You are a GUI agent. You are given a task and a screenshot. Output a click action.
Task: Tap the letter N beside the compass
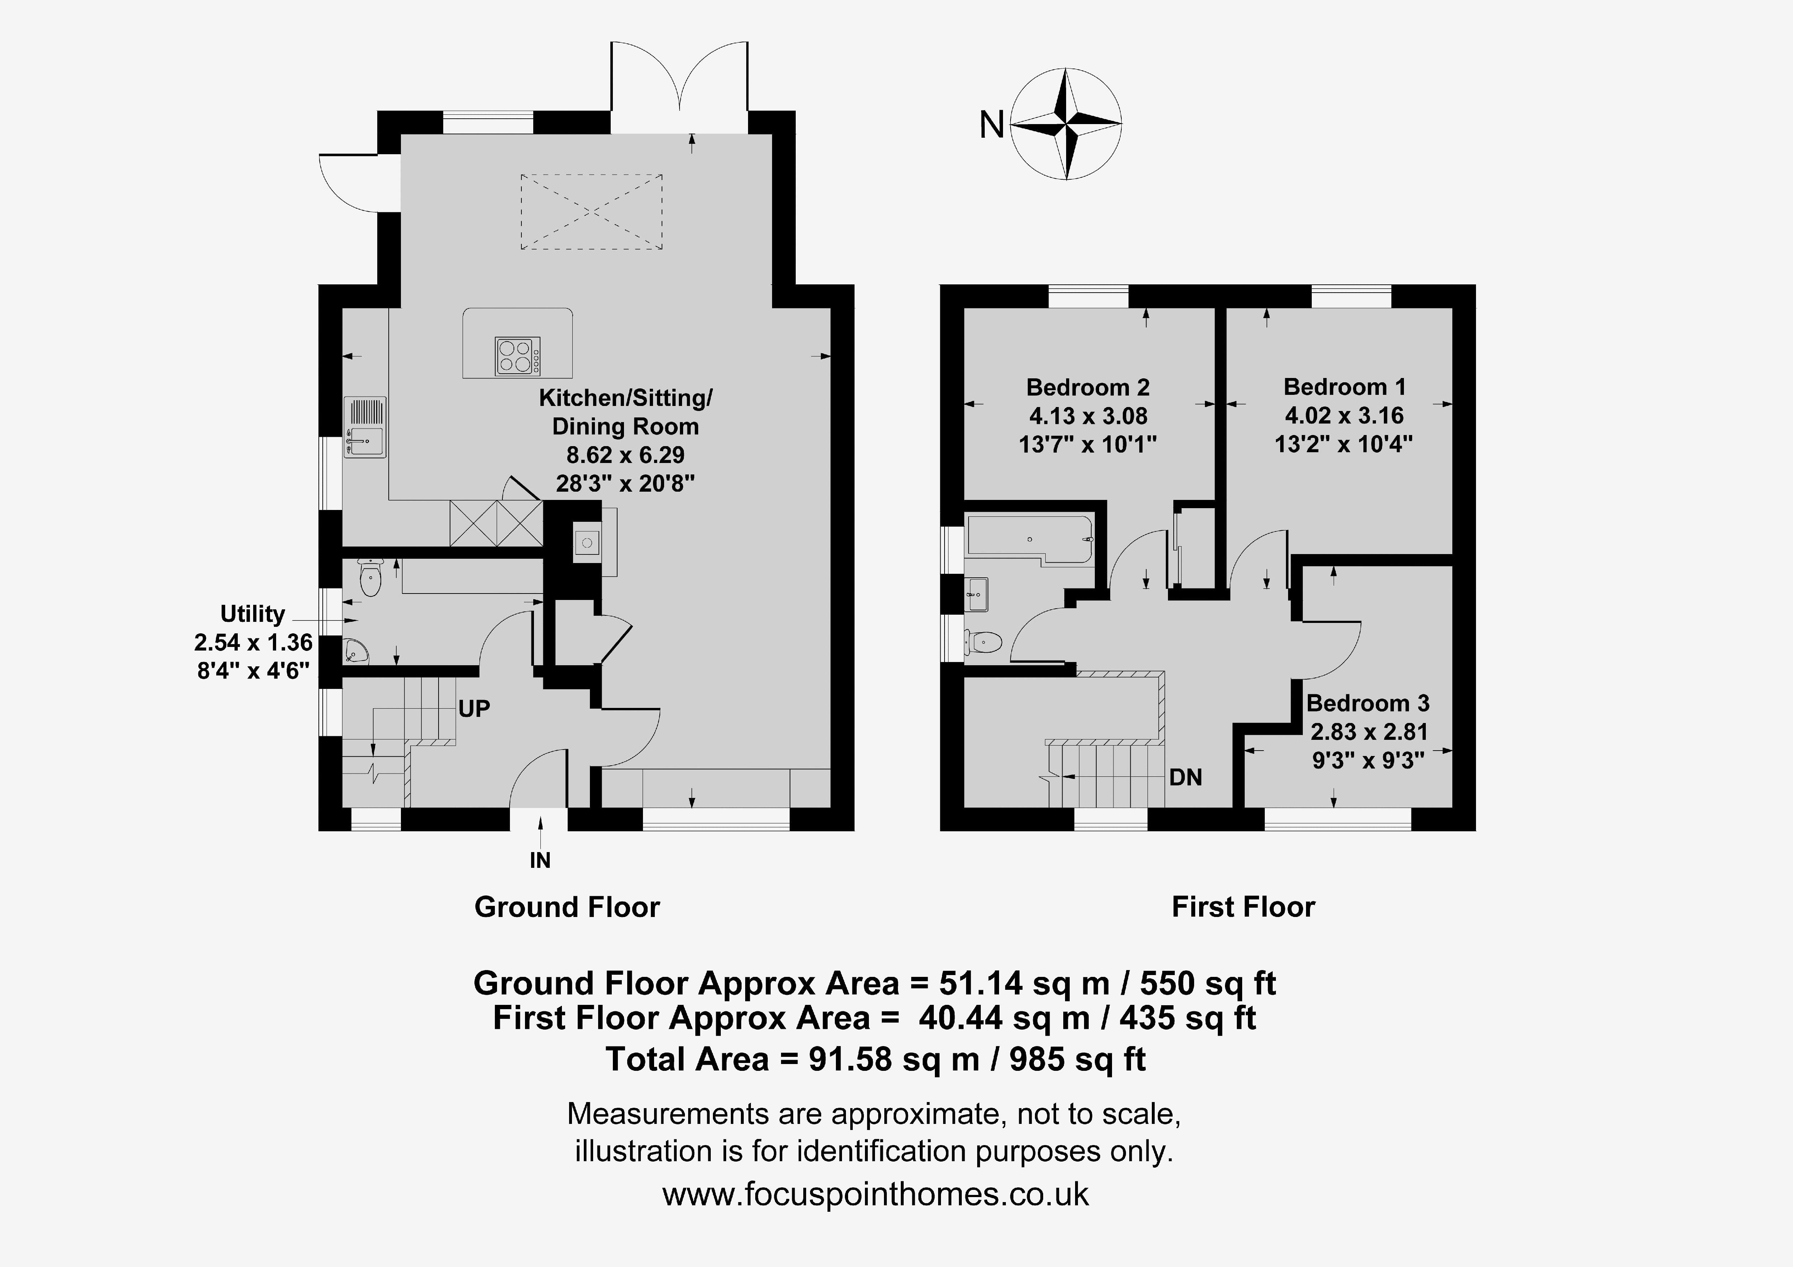[992, 124]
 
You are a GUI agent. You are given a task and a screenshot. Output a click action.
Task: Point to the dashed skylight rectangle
[591, 212]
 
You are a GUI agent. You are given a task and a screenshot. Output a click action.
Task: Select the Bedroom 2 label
[1088, 387]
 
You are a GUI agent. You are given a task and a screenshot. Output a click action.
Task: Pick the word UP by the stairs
[474, 709]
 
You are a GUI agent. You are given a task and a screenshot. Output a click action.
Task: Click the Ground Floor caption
[567, 907]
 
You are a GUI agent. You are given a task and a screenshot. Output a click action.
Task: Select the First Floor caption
[1243, 907]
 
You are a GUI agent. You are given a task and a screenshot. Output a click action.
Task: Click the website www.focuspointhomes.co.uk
[875, 1194]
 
